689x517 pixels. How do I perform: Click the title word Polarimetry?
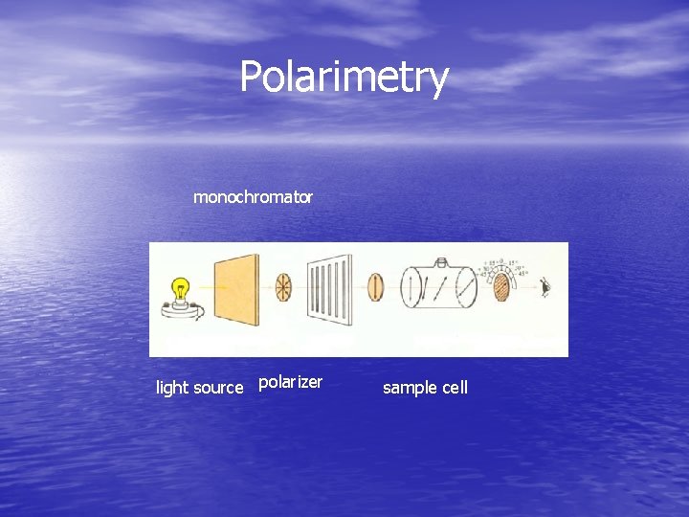pos(344,78)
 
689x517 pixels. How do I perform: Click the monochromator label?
pos(253,197)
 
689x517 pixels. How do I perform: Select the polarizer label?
pos(290,383)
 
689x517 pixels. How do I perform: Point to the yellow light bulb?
pos(179,289)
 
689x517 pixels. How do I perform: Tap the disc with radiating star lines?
pos(284,287)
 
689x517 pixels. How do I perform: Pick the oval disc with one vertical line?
pos(376,286)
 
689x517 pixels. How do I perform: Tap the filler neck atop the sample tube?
pos(441,262)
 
